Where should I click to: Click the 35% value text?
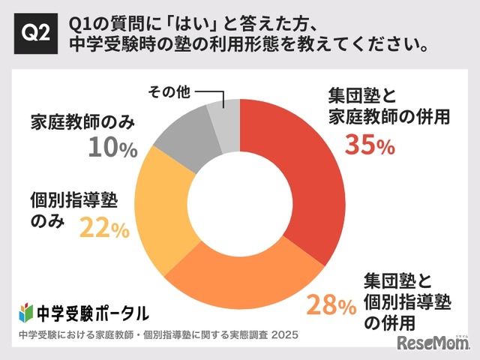click(x=369, y=145)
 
